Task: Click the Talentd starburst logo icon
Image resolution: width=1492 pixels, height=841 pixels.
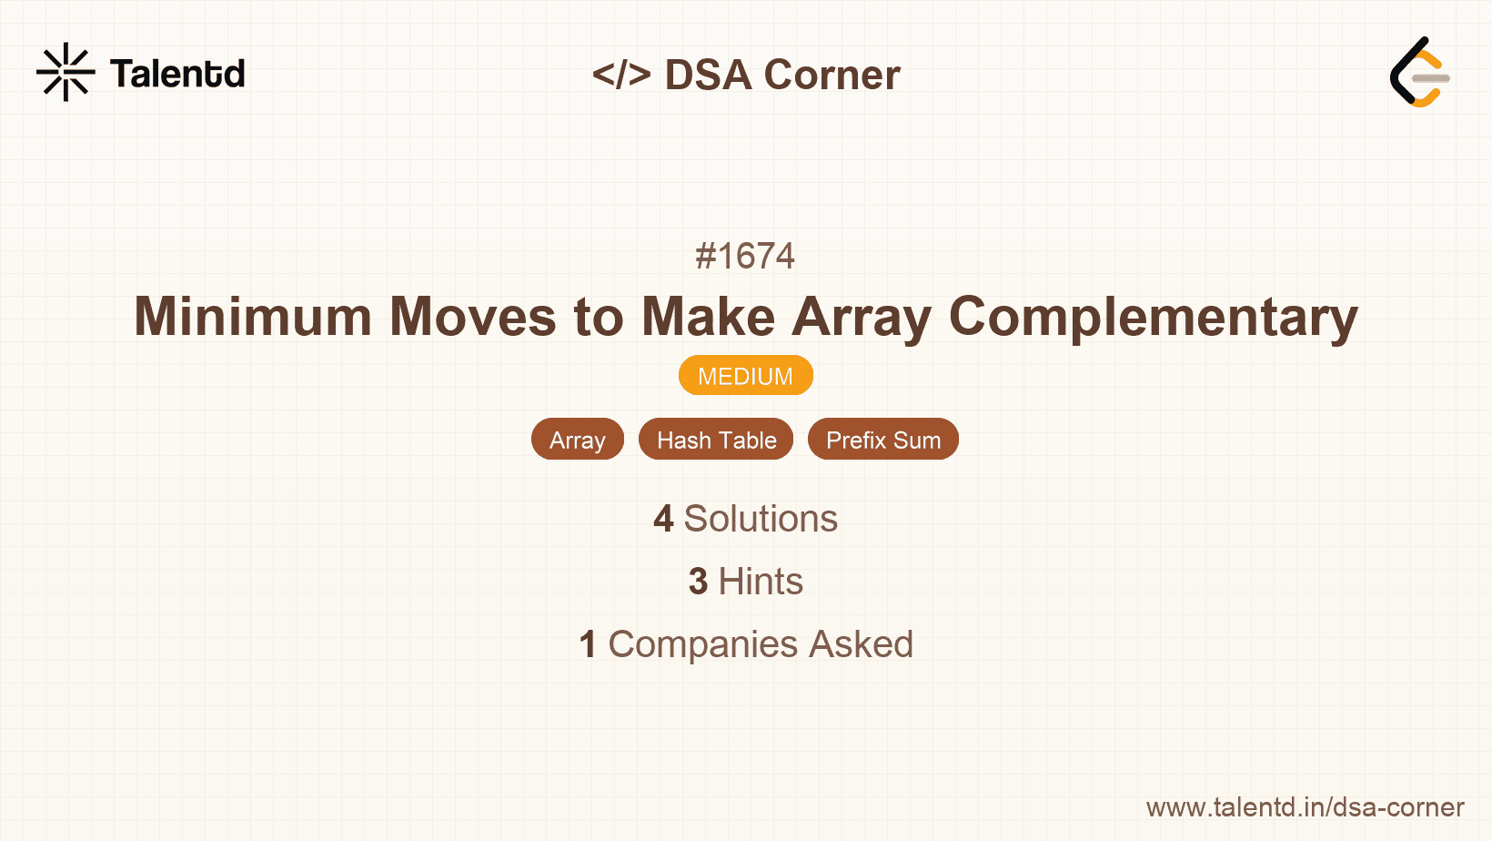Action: click(66, 72)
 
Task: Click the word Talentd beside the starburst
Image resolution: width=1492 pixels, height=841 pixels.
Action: click(177, 74)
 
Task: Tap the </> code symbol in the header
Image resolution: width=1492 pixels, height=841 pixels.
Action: click(621, 75)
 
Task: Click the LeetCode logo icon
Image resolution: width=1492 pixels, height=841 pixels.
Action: click(1419, 72)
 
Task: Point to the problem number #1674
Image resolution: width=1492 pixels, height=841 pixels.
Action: click(745, 256)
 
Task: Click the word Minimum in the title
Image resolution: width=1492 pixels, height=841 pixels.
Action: click(253, 317)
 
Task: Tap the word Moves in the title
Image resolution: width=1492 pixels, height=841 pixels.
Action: click(472, 317)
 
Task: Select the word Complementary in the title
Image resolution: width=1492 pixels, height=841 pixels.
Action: click(1153, 317)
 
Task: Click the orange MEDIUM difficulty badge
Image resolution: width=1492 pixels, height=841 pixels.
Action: click(745, 376)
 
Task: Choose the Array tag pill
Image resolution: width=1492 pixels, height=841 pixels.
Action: click(578, 440)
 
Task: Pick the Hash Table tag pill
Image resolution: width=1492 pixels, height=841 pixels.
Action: click(716, 440)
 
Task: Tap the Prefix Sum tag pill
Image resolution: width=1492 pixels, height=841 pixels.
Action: click(882, 440)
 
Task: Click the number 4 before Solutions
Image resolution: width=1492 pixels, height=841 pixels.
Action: click(663, 519)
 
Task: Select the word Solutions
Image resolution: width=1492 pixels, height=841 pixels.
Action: click(761, 519)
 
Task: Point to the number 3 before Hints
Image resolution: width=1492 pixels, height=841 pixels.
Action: click(698, 582)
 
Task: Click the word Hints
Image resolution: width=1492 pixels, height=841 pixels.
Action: click(761, 582)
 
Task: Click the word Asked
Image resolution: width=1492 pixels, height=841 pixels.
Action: click(861, 644)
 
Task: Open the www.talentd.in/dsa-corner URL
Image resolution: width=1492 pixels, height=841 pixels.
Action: click(1305, 807)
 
